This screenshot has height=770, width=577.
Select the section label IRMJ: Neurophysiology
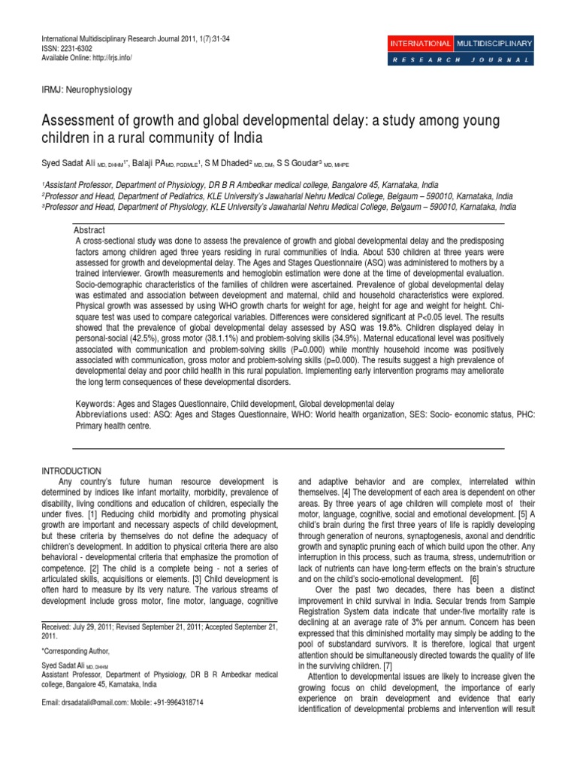pyautogui.click(x=86, y=90)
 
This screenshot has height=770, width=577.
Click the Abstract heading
pyautogui.click(x=90, y=229)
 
